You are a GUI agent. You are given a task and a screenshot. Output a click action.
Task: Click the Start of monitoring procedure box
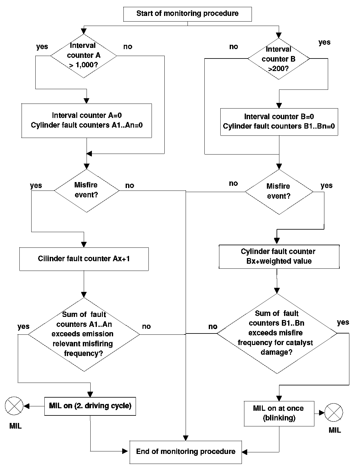[187, 14]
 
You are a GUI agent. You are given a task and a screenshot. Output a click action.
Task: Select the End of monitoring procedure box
[186, 452]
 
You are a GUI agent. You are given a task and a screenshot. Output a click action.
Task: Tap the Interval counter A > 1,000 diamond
[84, 56]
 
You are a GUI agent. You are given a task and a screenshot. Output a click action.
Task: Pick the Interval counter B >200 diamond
[279, 58]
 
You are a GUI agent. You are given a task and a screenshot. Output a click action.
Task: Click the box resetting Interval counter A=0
[87, 121]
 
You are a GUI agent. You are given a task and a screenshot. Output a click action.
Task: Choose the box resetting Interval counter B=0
[279, 122]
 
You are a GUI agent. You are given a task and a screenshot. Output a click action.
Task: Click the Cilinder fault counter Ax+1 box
[84, 259]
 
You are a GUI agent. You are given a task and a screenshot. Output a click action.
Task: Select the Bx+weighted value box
[279, 257]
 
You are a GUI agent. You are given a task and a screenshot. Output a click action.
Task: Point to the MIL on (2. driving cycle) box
[90, 406]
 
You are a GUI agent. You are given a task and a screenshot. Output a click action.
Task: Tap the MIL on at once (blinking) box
[279, 414]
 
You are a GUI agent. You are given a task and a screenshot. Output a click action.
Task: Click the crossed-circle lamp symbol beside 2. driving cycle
[14, 406]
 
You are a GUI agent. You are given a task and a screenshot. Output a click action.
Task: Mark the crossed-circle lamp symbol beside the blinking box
[334, 412]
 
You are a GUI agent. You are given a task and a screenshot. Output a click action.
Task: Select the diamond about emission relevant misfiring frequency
[84, 334]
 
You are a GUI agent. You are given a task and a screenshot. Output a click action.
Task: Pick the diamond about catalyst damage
[277, 333]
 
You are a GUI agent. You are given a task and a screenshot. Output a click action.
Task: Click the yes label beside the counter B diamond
[324, 43]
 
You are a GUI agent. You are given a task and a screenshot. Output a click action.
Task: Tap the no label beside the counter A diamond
[128, 46]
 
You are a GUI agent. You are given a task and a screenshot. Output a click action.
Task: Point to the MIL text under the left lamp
[16, 426]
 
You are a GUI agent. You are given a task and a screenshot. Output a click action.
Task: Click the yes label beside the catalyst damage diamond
[343, 323]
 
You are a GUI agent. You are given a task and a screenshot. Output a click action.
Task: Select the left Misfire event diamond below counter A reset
[87, 191]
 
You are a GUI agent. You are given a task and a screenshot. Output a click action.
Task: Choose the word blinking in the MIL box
[279, 418]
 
